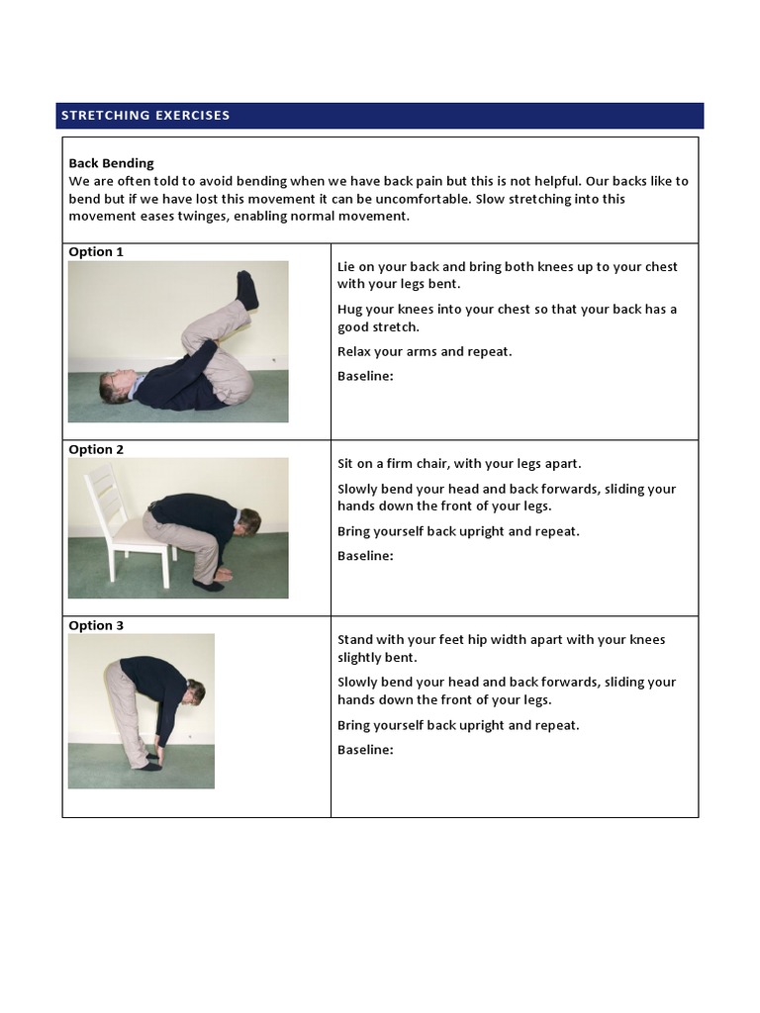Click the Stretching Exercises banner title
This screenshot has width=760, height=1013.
point(145,116)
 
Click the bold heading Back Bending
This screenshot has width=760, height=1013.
point(111,163)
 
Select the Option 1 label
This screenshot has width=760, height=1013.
point(96,252)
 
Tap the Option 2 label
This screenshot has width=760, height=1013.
point(96,450)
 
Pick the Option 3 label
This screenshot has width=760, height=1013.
point(96,626)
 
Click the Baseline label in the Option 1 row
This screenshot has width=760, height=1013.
point(365,376)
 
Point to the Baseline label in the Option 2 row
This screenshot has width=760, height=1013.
point(365,556)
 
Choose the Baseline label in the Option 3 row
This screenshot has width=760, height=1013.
point(365,750)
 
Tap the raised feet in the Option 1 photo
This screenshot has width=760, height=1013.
point(246,290)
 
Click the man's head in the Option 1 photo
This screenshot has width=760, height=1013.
point(114,385)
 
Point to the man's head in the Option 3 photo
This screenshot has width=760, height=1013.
point(196,691)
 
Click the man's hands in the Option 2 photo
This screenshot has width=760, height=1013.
point(223,573)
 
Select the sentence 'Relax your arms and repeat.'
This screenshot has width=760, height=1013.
point(425,351)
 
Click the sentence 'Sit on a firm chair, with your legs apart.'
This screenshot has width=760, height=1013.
point(459,463)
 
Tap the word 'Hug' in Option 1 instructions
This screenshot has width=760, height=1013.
point(350,309)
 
